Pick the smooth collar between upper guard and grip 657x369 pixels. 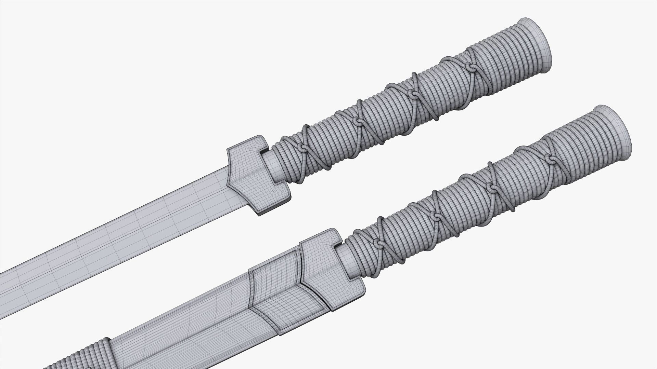(x=276, y=166)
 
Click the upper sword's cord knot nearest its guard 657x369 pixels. (x=303, y=147)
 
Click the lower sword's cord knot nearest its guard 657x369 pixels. (x=378, y=243)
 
